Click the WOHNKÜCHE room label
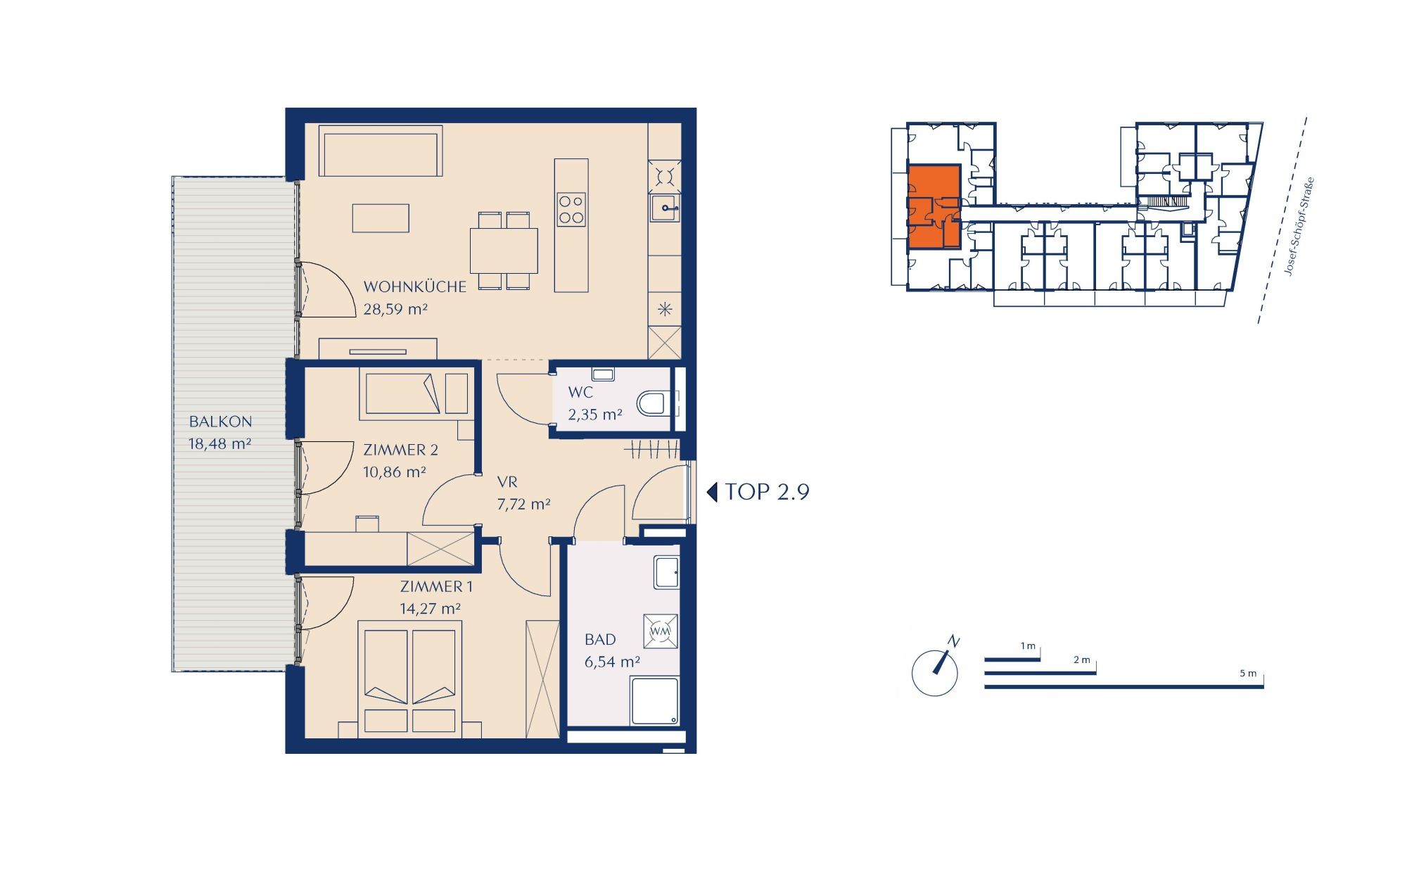(414, 286)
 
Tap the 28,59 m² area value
(395, 309)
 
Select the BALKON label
(220, 422)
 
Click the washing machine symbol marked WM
(661, 631)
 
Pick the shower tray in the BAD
(655, 701)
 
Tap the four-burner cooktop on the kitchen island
(571, 209)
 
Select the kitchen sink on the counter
(665, 207)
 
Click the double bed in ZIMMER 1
(410, 679)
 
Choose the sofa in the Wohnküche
(381, 151)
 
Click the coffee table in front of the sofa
(381, 217)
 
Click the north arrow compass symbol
(935, 669)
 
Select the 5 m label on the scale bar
(1248, 674)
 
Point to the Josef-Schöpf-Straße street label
(1299, 226)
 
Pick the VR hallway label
(507, 482)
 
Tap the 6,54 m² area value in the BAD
(612, 662)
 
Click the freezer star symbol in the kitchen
(665, 309)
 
